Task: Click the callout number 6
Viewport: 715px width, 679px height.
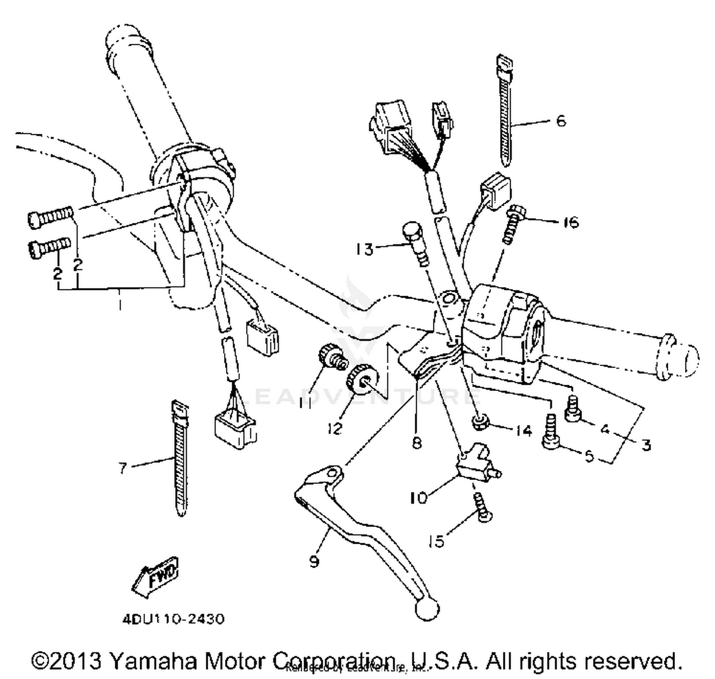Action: point(561,121)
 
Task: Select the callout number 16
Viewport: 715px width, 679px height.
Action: point(570,222)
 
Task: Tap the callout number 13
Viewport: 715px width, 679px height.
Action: point(365,249)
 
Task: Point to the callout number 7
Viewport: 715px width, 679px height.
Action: point(123,468)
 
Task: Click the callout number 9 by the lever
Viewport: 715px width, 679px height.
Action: point(314,561)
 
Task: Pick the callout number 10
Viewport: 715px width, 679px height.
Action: point(419,498)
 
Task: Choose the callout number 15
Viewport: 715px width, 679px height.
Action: point(436,541)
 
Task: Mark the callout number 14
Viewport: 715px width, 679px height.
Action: point(523,430)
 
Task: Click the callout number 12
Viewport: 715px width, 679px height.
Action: point(335,428)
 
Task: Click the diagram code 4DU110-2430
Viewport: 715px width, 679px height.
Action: point(173,619)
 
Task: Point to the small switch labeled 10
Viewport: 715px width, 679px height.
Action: point(472,461)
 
